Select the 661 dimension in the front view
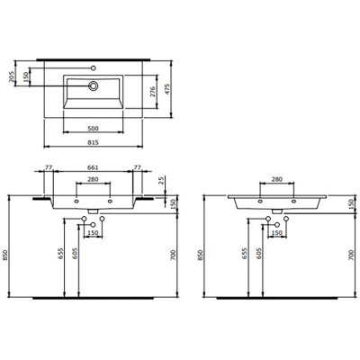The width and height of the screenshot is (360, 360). tap(93, 167)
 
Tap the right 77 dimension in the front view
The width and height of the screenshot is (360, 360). tap(136, 167)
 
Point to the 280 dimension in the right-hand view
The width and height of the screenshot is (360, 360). tap(277, 180)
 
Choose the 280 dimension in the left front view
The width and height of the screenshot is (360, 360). tap(93, 180)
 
